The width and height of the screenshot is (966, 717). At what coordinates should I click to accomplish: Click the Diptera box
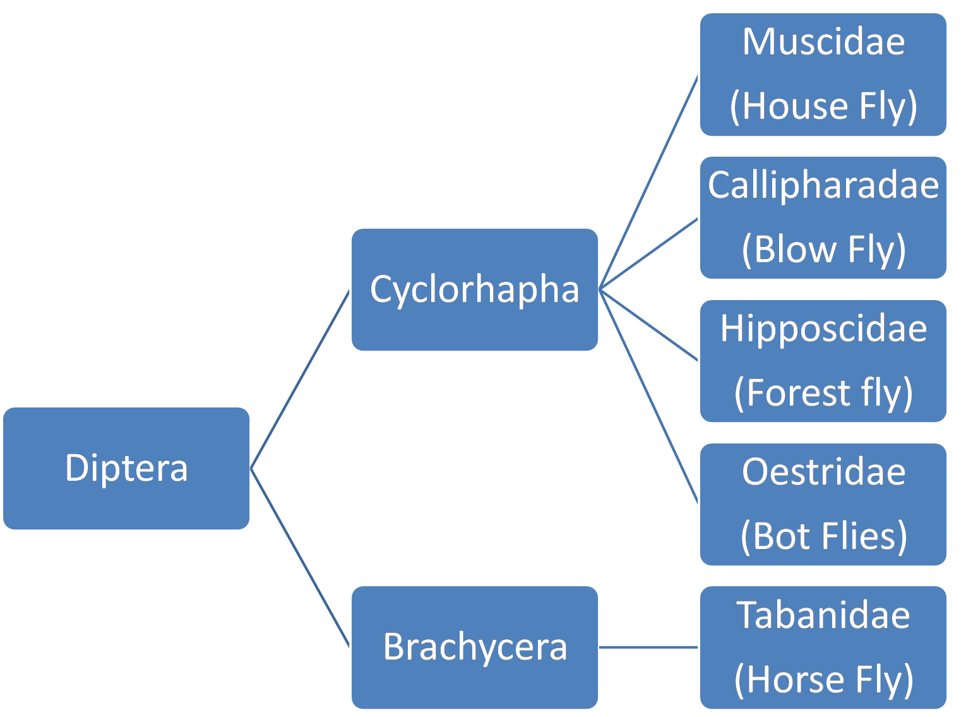tap(126, 468)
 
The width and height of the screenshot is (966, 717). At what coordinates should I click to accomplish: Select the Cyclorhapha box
tap(474, 289)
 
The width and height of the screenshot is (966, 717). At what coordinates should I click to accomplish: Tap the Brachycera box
tap(474, 647)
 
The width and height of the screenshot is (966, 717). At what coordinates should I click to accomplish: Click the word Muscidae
tap(823, 42)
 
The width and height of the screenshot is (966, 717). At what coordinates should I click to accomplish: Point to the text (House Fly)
tap(823, 105)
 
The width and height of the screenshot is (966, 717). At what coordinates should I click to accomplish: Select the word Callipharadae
tap(823, 185)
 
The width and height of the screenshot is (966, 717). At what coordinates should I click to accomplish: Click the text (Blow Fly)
tap(823, 249)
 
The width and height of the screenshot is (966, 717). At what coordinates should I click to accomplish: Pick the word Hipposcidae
tap(823, 328)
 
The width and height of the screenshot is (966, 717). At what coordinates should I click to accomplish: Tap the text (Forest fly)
tap(823, 392)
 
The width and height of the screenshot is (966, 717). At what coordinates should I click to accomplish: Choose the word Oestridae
tap(823, 472)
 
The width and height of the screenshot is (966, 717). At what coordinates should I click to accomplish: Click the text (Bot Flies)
tap(823, 536)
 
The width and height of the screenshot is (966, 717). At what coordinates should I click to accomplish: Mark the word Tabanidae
tap(823, 615)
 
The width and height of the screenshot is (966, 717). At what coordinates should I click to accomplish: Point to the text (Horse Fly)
tap(823, 679)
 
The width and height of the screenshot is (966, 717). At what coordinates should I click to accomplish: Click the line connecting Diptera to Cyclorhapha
tap(301, 379)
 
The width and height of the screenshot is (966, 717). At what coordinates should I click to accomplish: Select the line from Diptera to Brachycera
tap(301, 558)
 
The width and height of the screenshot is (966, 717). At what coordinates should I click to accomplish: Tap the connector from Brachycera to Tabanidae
tap(648, 647)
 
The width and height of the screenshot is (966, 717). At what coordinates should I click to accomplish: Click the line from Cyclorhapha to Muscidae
tap(648, 183)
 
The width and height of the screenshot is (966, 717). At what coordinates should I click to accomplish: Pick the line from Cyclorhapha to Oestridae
tap(648, 396)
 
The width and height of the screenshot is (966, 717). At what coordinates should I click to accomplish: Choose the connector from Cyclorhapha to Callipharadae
tap(648, 254)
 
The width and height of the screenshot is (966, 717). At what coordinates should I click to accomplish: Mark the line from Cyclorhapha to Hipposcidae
tap(648, 325)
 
